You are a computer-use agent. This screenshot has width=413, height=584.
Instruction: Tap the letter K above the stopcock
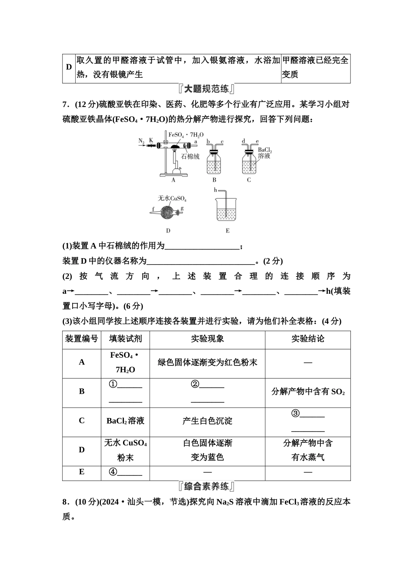coord(151,140)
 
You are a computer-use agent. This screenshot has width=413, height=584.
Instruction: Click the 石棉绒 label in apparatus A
coord(190,156)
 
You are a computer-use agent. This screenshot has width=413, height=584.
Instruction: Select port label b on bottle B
coord(208,142)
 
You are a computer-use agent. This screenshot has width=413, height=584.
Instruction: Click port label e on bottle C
coord(257,142)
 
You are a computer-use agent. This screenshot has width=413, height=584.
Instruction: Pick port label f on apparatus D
coord(153,209)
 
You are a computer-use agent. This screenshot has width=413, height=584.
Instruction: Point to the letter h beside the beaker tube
coord(215,190)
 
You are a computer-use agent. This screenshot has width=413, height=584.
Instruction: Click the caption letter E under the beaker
coord(227,231)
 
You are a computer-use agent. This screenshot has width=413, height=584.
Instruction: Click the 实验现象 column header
coord(207,339)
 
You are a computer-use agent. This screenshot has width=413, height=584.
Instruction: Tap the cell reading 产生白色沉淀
coord(207,421)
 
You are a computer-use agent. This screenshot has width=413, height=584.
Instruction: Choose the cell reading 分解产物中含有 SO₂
coord(308,392)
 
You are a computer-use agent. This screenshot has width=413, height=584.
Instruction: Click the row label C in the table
coord(82,421)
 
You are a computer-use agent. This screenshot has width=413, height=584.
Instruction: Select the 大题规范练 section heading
coord(206,90)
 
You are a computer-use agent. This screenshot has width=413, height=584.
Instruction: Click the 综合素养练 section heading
coord(206,486)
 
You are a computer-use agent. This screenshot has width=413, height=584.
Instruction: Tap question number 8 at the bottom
coord(65,502)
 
